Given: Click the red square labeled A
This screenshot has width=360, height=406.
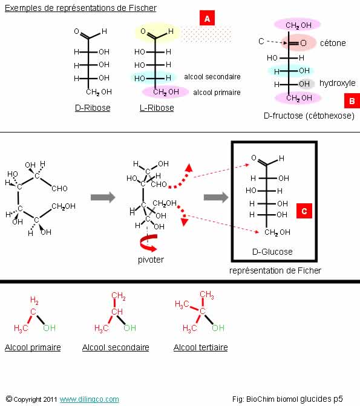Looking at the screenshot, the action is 207,18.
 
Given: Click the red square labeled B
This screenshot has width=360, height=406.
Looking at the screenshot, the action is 352,100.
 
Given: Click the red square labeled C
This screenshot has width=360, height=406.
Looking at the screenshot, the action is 304,211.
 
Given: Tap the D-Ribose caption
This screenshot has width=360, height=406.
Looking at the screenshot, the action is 93,108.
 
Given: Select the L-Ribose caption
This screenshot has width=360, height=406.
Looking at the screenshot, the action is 157,108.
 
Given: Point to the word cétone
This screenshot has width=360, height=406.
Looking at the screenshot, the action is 333,43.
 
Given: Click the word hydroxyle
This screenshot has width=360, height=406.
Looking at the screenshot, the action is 338,83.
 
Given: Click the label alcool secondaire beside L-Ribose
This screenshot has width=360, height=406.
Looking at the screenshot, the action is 212,77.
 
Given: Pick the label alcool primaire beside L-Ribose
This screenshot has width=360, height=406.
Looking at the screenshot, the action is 217,93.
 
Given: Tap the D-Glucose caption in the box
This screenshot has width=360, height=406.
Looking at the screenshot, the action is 272,252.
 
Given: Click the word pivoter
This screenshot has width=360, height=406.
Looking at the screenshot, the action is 151,260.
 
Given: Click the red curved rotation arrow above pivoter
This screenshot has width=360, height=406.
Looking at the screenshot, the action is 148,243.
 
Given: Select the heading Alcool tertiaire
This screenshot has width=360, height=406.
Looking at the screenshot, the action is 201,347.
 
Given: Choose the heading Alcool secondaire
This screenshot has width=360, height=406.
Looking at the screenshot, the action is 116,347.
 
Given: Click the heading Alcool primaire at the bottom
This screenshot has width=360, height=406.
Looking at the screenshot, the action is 33,347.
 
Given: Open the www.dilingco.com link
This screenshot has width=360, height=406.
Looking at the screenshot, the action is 90,399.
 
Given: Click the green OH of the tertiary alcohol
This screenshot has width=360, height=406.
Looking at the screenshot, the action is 218,328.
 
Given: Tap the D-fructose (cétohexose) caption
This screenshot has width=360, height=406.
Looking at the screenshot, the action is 309,116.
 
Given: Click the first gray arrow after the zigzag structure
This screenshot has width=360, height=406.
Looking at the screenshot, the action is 103,197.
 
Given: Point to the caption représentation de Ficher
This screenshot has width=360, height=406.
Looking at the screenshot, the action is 275,270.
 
